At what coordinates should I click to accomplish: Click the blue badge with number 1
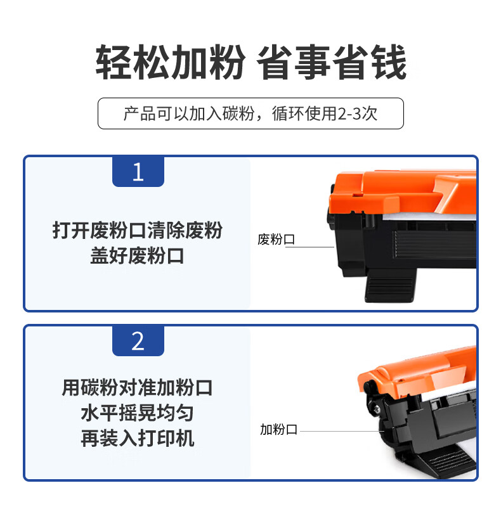[138, 172]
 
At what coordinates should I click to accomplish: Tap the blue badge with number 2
[138, 340]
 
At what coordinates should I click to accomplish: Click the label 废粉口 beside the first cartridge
[276, 239]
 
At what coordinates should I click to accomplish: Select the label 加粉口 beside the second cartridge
[278, 429]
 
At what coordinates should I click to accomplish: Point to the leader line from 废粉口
[309, 247]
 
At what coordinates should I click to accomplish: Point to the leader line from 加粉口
[342, 431]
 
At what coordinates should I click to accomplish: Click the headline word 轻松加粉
[171, 62]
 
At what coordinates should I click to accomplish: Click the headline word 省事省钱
[332, 62]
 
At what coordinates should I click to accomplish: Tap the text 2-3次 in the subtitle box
[358, 113]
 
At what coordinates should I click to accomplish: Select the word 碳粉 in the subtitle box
[238, 113]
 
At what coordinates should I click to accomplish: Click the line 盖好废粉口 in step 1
[137, 255]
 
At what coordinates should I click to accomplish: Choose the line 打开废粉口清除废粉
[138, 230]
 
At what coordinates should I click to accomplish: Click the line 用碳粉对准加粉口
[137, 387]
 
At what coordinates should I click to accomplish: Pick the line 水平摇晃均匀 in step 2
[137, 413]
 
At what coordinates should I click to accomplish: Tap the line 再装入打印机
[138, 438]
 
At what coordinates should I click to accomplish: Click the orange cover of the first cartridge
[402, 193]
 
